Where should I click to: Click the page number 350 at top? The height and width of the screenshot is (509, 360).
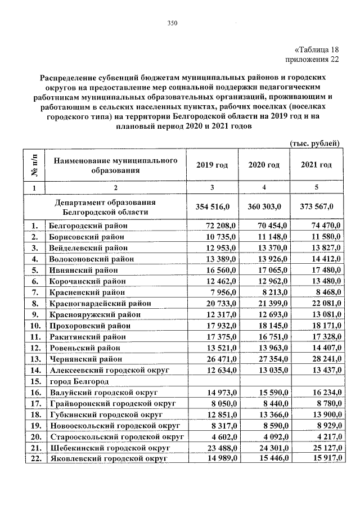[x=172, y=23]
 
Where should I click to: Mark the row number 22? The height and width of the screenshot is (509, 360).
[x=34, y=459]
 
